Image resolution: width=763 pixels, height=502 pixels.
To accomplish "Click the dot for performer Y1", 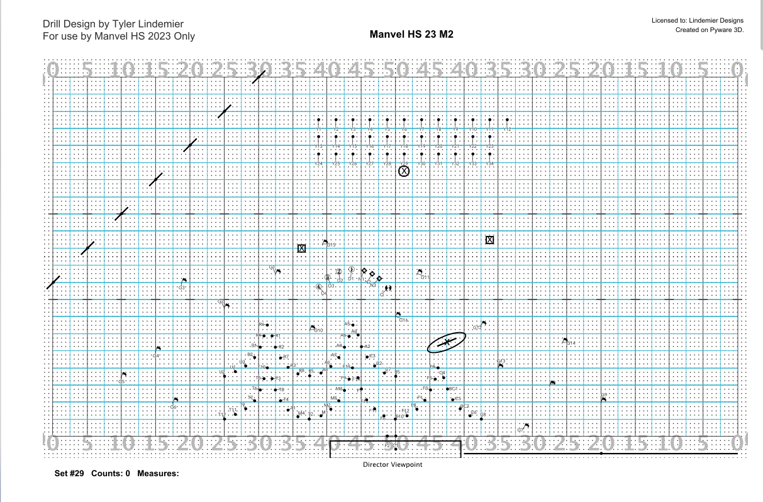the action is pos(319,120).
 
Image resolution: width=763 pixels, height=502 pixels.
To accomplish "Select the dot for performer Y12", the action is pos(507,120).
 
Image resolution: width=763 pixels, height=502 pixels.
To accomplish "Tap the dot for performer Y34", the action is pos(489,155).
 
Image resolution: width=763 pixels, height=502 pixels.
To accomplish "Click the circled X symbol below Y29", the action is pos(404,170).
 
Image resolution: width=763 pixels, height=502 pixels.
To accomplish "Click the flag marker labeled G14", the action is pos(565,340).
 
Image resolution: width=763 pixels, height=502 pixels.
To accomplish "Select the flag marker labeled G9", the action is pos(603,399).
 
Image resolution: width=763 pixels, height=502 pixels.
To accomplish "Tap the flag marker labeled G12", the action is pos(483,323).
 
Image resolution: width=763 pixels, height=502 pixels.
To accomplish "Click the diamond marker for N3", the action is pos(379,277).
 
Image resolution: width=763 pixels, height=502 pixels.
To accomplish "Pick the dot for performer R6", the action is pos(267,325).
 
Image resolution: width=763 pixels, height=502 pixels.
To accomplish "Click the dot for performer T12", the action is pos(225,418).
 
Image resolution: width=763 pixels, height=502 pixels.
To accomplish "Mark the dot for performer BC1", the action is pos(447,389).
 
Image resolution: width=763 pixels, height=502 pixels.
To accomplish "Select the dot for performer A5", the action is pos(353,325).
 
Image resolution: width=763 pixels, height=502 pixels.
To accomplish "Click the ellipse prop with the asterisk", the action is pos(447,342).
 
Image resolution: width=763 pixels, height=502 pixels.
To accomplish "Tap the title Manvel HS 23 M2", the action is pos(412,34).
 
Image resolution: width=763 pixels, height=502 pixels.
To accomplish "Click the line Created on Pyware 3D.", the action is pos(710,30).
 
